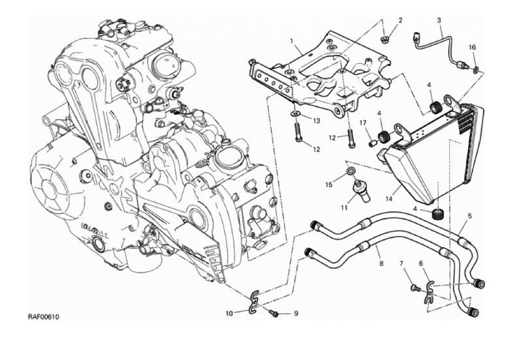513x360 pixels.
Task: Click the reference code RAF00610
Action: [43, 317]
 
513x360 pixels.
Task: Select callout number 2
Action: [400, 20]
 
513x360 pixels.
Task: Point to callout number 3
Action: [439, 20]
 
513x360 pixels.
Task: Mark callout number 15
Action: [329, 185]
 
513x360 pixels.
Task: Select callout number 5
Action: [469, 215]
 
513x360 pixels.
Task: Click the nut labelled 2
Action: [387, 38]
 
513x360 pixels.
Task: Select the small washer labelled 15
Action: [351, 170]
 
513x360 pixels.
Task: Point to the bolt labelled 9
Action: [273, 314]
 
